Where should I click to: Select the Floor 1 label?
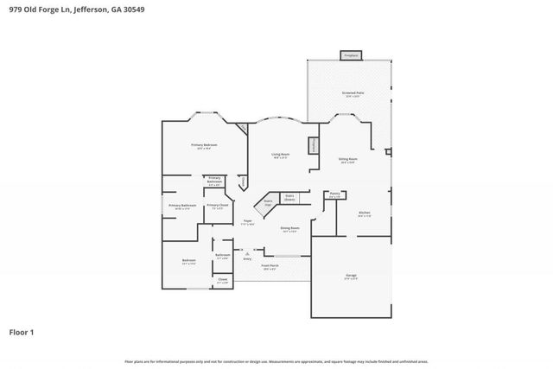[x=22, y=331]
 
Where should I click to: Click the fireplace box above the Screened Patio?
[x=350, y=55]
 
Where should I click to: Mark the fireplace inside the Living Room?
[x=313, y=143]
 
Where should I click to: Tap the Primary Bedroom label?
[x=204, y=144]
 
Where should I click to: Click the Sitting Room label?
[x=347, y=160]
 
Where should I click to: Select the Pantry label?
[x=334, y=194]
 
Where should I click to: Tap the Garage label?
[x=351, y=276]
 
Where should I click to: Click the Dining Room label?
[x=289, y=229]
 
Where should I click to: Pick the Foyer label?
[x=247, y=222]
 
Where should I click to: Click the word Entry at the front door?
[x=247, y=258]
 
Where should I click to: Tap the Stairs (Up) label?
[x=268, y=202]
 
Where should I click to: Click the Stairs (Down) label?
[x=290, y=197]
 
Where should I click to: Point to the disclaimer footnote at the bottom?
[x=276, y=360]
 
